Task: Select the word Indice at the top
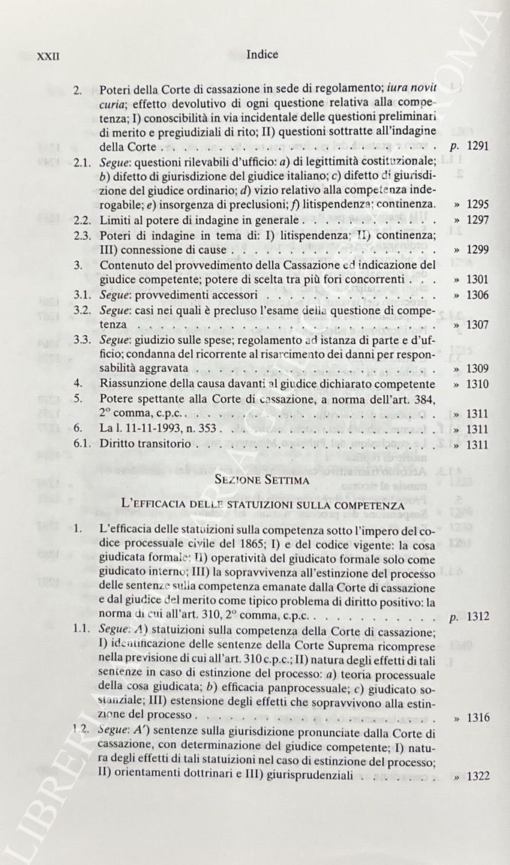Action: pos(262,54)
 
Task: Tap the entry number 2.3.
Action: pos(82,236)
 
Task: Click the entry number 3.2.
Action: pos(82,310)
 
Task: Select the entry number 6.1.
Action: pos(82,444)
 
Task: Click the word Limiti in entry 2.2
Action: pos(115,220)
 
